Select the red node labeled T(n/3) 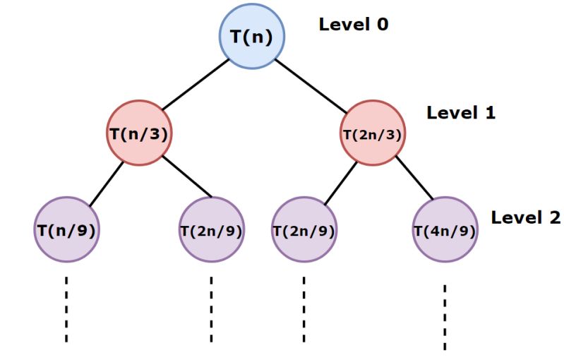[x=139, y=133]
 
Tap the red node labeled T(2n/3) [x=373, y=133]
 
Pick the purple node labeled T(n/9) [x=66, y=229]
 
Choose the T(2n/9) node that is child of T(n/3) [x=212, y=229]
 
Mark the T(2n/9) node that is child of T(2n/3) [x=304, y=229]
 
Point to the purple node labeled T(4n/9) [x=445, y=229]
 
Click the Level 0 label [x=354, y=24]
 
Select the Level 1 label [x=461, y=113]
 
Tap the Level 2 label [x=526, y=217]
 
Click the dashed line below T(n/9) [x=66, y=309]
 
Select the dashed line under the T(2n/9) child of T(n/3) [x=211, y=309]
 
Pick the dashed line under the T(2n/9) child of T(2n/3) [x=304, y=309]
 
